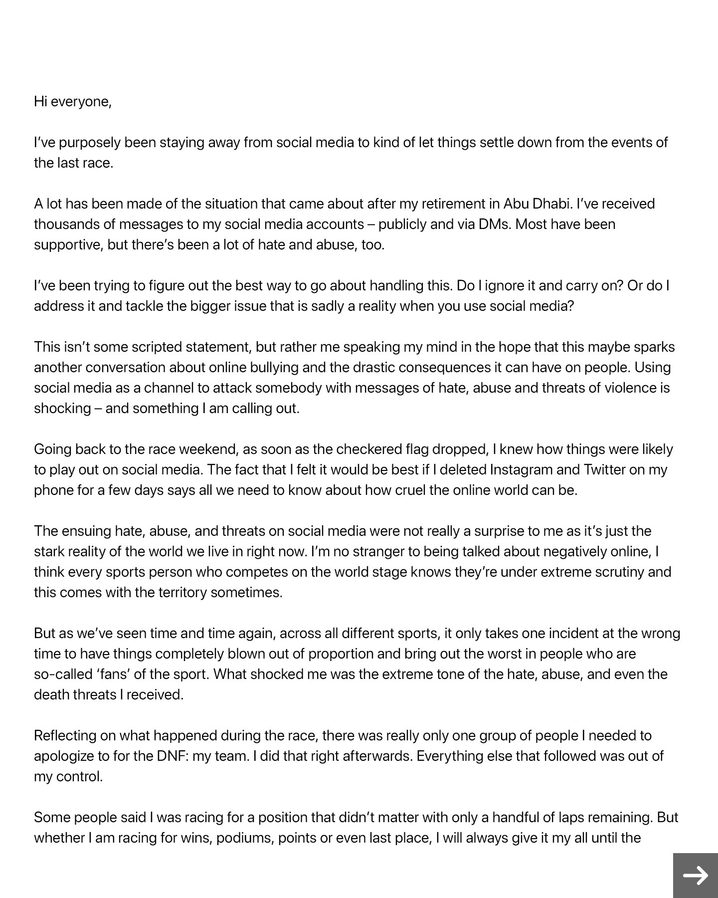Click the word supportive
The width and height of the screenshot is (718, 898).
(68, 245)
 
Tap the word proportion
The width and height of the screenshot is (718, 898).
(341, 654)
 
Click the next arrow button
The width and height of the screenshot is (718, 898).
(695, 875)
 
